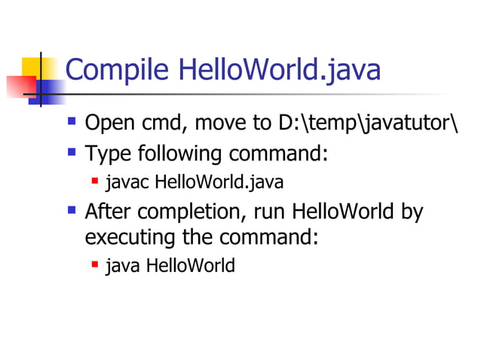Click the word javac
click(x=127, y=183)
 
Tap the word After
click(x=108, y=212)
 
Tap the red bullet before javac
click(x=95, y=181)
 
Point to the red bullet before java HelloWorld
click(x=95, y=264)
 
